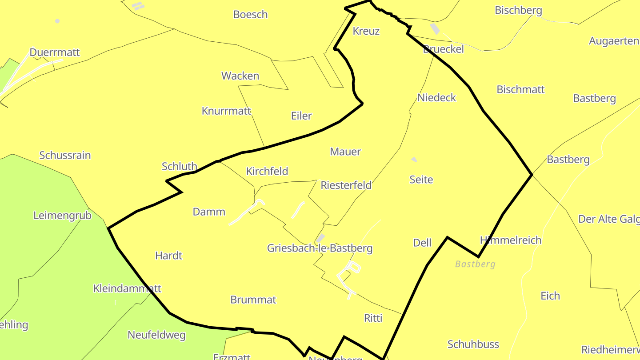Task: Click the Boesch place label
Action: click(250, 14)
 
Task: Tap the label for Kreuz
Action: click(366, 31)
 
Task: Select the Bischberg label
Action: click(518, 10)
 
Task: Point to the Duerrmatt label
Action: click(55, 52)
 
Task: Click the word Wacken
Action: click(240, 76)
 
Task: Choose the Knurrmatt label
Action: click(226, 111)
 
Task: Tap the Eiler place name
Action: click(301, 116)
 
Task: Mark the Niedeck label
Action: click(436, 97)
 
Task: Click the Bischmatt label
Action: click(520, 89)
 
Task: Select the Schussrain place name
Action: click(65, 155)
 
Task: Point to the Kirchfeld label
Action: click(267, 171)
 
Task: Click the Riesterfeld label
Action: click(346, 185)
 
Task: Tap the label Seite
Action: click(421, 179)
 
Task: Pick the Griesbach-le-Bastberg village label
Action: click(320, 248)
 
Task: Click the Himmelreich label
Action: click(510, 240)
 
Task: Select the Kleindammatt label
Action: click(127, 288)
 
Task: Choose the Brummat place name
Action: click(253, 300)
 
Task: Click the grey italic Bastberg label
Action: click(475, 264)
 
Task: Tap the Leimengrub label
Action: click(62, 216)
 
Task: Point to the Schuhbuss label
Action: click(473, 344)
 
